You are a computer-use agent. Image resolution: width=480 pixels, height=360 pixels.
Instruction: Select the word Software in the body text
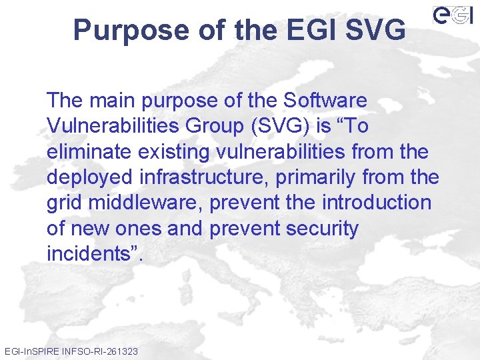point(325,101)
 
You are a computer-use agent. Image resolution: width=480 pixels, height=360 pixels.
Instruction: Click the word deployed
point(91,178)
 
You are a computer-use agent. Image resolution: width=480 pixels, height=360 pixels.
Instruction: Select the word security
point(322,229)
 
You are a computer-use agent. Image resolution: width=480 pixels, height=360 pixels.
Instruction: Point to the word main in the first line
point(113,101)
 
